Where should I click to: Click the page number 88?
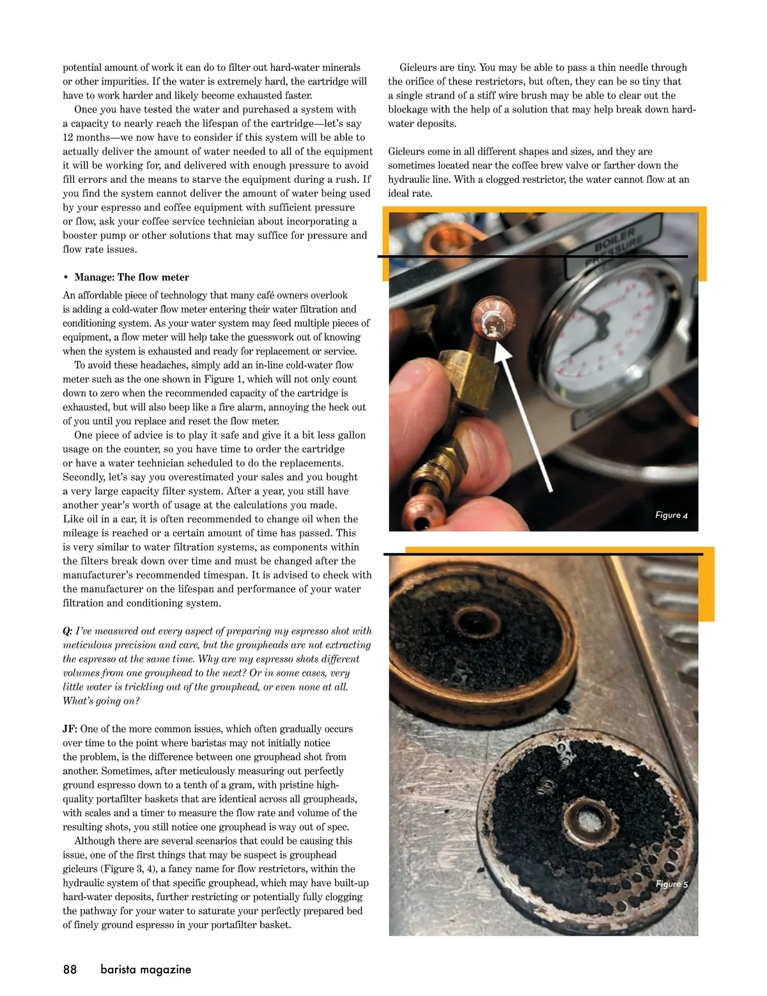70,969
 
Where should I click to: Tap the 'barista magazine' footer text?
146,969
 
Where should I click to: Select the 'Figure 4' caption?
671,515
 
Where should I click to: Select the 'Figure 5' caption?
671,884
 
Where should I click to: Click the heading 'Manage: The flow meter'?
132,277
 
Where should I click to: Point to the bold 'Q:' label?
68,631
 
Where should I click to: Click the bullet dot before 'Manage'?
66,277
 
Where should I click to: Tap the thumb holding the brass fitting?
415,377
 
